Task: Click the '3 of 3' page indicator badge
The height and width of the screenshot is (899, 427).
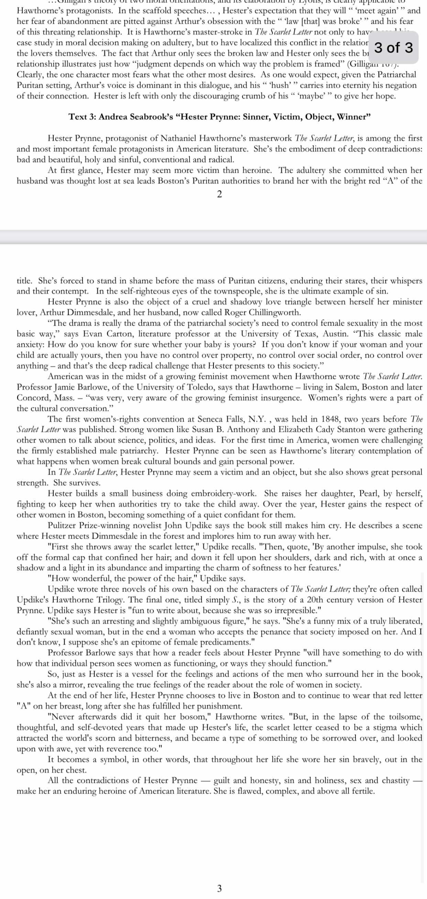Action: click(x=394, y=47)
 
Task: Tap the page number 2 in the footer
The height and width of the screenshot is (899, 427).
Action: click(x=219, y=194)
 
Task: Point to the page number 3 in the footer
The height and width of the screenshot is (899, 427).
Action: click(x=219, y=888)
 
